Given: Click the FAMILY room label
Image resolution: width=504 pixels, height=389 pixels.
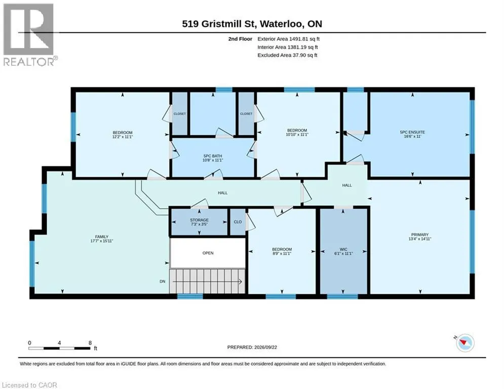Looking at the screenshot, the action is coord(102,237).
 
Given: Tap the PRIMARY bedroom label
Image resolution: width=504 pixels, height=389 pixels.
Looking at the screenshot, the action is coord(420,235).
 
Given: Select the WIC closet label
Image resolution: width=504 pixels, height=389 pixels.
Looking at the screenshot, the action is coord(343,249).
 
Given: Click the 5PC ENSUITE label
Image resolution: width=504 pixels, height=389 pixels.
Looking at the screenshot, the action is coord(412,132).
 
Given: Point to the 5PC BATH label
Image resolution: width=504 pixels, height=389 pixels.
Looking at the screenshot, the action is coord(212,156).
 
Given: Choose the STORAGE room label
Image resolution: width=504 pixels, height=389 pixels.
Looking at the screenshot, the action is coord(199,220).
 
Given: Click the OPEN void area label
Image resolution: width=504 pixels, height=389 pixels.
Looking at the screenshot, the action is coord(208,253).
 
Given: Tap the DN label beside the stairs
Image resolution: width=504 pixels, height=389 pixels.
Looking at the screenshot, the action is coord(162,281).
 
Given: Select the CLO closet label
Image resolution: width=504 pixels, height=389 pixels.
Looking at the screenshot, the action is coord(238,222).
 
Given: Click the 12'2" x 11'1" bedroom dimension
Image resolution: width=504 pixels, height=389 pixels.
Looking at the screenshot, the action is coord(123,137).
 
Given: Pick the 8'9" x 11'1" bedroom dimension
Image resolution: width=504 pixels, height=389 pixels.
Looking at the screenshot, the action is coord(282,253).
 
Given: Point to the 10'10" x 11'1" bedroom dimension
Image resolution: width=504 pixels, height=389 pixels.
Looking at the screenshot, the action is coord(297,134).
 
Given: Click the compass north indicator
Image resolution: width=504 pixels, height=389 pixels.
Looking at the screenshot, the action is coord(465,343).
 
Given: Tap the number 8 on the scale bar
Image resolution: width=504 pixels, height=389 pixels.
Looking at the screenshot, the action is coord(90,343).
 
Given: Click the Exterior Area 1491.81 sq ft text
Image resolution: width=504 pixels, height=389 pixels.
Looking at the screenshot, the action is coord(288,39).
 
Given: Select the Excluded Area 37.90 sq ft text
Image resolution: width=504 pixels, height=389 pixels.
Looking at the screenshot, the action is coord(287,55).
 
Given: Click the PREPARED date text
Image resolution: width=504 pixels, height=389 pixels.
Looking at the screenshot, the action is coord(252,347).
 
